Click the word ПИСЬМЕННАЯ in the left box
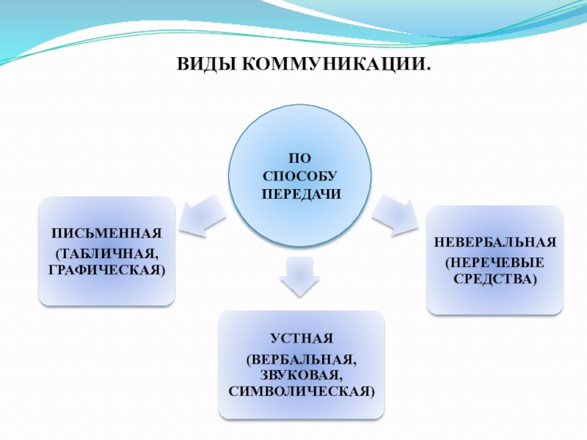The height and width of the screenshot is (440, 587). pyautogui.click(x=107, y=235)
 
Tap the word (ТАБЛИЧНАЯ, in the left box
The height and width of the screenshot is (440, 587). pyautogui.click(x=107, y=254)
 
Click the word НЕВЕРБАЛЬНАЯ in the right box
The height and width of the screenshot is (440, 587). pyautogui.click(x=495, y=243)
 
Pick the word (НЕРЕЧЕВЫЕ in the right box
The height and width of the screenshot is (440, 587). pyautogui.click(x=495, y=262)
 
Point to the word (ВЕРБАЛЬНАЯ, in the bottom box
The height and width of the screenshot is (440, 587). pyautogui.click(x=302, y=360)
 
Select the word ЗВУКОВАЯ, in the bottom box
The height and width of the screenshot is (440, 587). pyautogui.click(x=302, y=375)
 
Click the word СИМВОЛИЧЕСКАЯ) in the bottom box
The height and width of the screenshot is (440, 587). pyautogui.click(x=302, y=391)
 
